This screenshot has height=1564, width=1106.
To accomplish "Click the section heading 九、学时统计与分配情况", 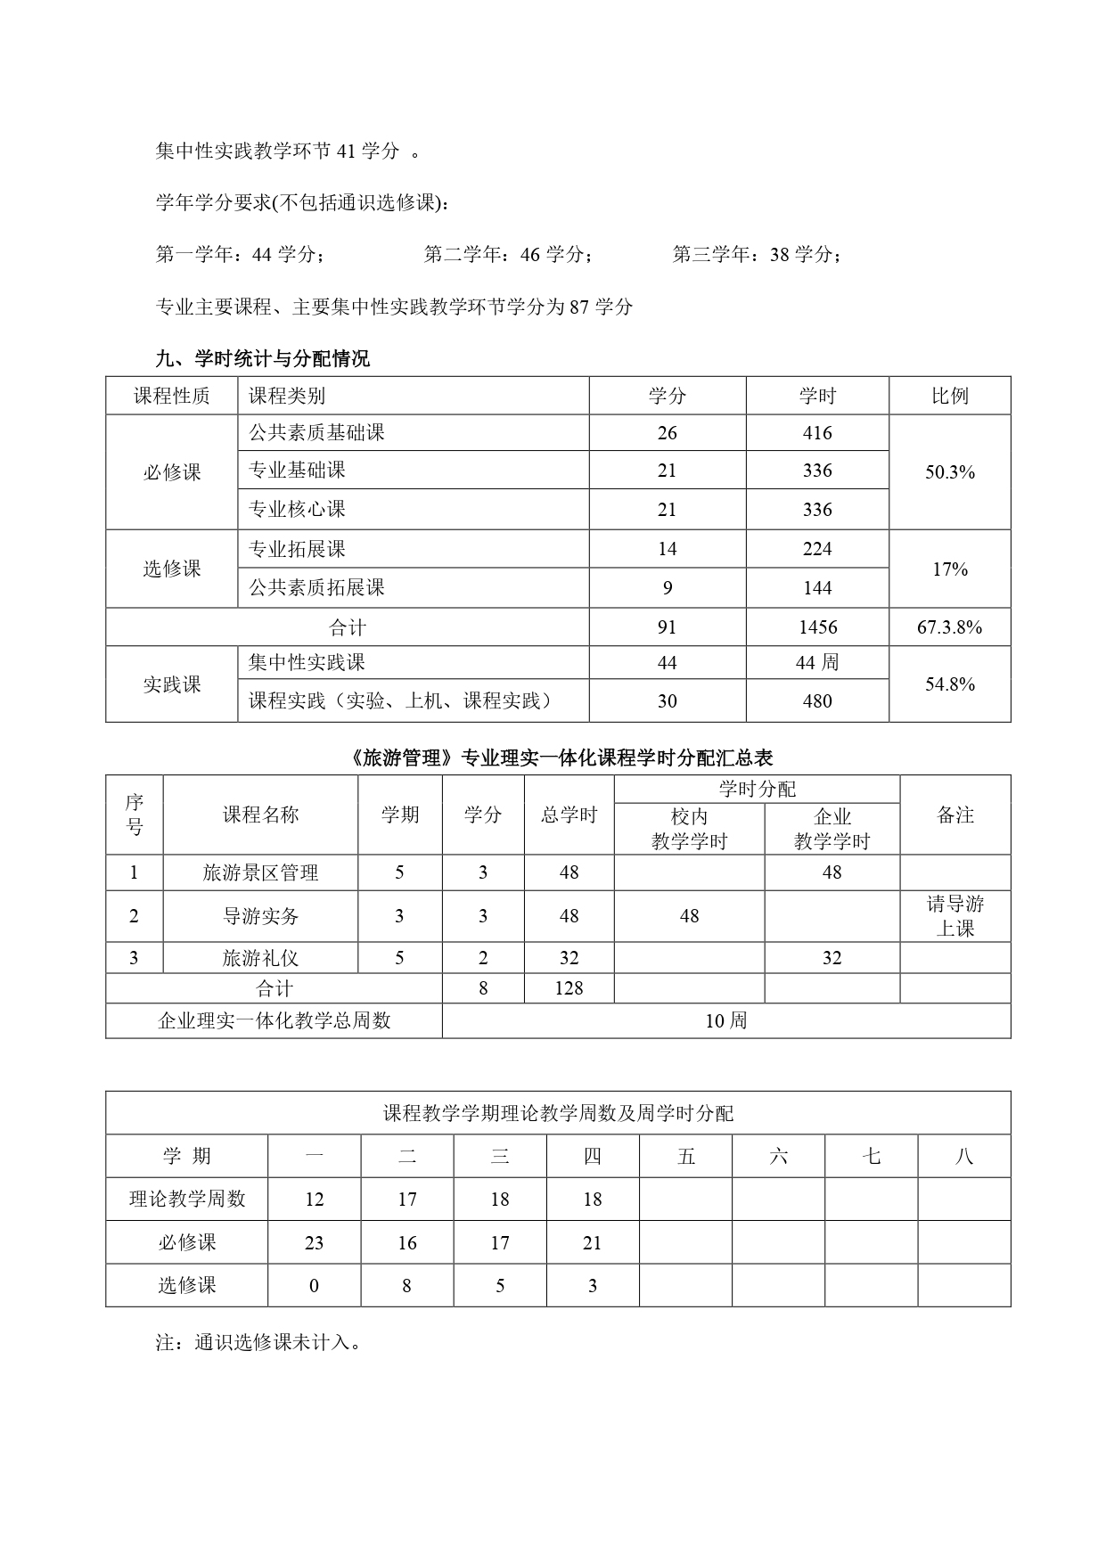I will tap(262, 359).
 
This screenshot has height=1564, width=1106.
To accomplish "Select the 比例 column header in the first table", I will tap(949, 396).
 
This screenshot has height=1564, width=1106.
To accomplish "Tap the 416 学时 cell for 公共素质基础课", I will tap(816, 433).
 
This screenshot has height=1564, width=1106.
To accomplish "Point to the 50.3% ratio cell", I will tap(949, 472).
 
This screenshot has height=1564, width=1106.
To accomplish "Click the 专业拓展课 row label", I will tap(297, 549).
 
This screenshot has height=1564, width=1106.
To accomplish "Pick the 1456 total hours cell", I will tap(816, 627).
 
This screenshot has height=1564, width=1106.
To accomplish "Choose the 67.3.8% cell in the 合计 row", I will tap(949, 627).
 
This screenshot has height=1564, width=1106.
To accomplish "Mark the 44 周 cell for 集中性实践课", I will tap(816, 663).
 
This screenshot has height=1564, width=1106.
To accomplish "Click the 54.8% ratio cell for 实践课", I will tap(949, 684).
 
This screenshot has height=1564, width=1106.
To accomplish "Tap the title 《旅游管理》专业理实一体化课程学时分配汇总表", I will tap(558, 757).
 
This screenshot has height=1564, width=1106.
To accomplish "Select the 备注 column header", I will tap(955, 815).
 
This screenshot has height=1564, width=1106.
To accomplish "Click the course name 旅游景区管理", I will tap(260, 872).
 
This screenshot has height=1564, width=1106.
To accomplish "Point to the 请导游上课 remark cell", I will tap(955, 916).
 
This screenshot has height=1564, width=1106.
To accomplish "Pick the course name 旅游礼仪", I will tap(260, 958).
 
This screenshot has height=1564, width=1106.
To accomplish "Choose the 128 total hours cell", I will tap(569, 988).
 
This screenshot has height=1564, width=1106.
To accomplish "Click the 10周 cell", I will tap(725, 1021).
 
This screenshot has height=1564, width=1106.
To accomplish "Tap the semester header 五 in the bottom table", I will tap(685, 1157).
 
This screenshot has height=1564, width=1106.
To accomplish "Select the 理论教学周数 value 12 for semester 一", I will tap(314, 1200).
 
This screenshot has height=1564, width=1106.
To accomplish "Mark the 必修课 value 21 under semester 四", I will tap(593, 1242).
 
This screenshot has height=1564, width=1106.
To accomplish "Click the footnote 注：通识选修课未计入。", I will tap(259, 1342).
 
